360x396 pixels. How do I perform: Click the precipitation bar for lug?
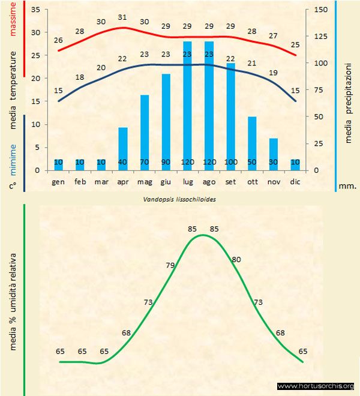click(x=187, y=106)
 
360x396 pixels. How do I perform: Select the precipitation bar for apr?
click(x=122, y=149)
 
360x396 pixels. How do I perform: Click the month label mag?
click(x=145, y=181)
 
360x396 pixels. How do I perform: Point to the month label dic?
click(x=294, y=181)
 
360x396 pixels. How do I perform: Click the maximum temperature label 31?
click(x=122, y=17)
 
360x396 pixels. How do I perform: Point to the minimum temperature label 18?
click(x=80, y=77)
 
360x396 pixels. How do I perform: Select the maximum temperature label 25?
click(x=294, y=44)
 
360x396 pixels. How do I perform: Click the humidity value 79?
click(x=170, y=265)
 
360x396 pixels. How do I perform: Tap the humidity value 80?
click(x=236, y=259)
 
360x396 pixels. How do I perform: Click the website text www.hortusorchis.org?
click(x=316, y=386)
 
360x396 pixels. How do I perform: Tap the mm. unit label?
click(x=347, y=186)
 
